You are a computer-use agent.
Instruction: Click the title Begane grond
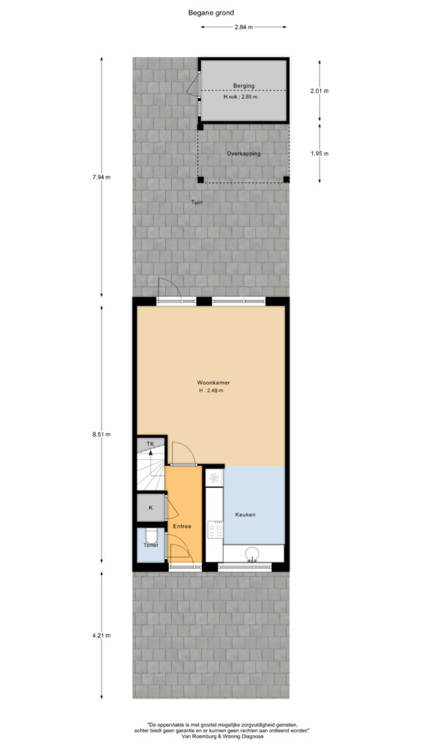click(211, 13)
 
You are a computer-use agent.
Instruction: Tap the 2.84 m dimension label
click(243, 27)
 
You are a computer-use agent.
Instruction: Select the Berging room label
click(243, 86)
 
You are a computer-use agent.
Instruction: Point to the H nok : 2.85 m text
click(240, 97)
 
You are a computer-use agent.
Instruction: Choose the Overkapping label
click(243, 154)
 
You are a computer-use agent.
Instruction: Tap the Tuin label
click(197, 202)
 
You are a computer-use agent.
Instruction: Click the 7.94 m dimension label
click(101, 177)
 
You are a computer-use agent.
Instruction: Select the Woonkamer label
click(210, 383)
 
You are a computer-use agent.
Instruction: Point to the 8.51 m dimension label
click(101, 434)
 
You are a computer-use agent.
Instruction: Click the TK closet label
click(151, 444)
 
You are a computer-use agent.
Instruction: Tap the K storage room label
click(151, 508)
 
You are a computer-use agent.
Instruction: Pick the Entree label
click(182, 527)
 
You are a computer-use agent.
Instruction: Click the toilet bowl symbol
click(151, 536)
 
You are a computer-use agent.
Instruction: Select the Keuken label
click(246, 514)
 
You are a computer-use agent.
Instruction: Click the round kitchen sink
click(251, 554)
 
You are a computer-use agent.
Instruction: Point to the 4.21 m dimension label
click(101, 636)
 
